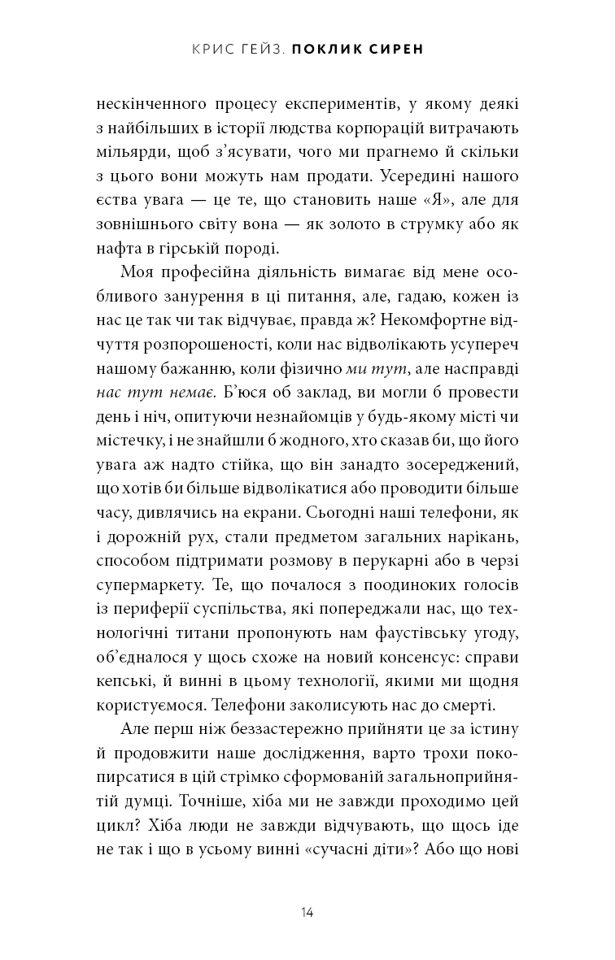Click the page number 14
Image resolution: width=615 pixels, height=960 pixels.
pyautogui.click(x=307, y=912)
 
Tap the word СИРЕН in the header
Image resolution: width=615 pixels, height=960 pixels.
pyautogui.click(x=400, y=50)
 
